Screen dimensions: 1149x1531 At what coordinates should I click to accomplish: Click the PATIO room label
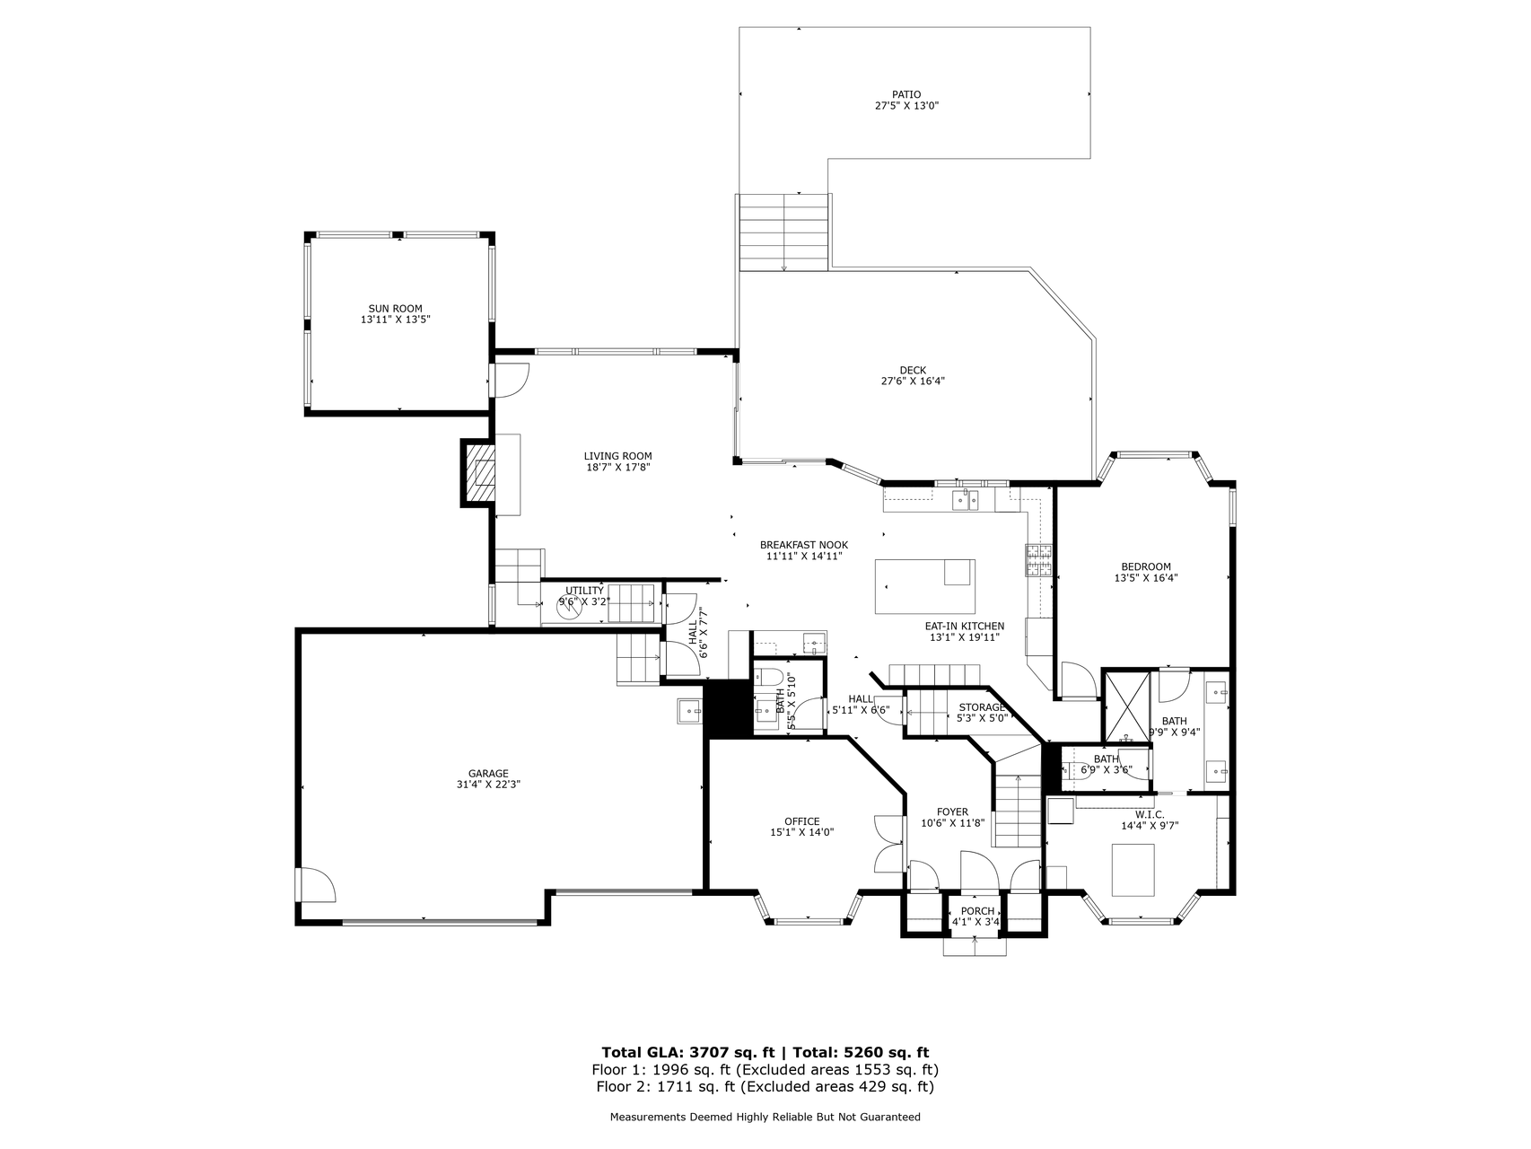[x=905, y=94]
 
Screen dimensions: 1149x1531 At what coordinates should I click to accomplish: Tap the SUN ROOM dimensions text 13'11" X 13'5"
[x=395, y=320]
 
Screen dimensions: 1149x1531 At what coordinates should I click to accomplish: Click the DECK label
[x=913, y=370]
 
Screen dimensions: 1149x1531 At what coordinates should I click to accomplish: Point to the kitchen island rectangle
[x=924, y=586]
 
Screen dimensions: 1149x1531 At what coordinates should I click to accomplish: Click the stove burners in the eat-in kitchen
[x=1038, y=560]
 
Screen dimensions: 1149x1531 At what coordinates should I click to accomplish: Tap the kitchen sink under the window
[x=966, y=499]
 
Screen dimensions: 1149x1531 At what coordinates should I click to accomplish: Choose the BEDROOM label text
[x=1146, y=566]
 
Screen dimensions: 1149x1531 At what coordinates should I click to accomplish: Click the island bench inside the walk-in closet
[x=1133, y=869]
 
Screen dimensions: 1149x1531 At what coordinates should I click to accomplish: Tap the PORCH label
[x=977, y=911]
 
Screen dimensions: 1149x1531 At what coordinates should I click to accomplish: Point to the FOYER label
[x=952, y=811]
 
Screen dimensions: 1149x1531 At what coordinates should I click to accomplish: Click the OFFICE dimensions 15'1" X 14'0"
[x=801, y=832]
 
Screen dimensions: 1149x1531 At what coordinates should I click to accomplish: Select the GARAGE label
[x=488, y=773]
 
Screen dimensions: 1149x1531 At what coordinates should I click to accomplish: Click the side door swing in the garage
[x=315, y=886]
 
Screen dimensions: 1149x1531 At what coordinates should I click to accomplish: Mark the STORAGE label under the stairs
[x=981, y=707]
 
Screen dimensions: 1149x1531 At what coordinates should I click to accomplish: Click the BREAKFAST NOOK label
[x=803, y=545]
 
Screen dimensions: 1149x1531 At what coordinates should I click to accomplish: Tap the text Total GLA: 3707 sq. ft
[x=687, y=1052]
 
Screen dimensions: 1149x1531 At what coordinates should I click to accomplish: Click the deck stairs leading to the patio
[x=783, y=232]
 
